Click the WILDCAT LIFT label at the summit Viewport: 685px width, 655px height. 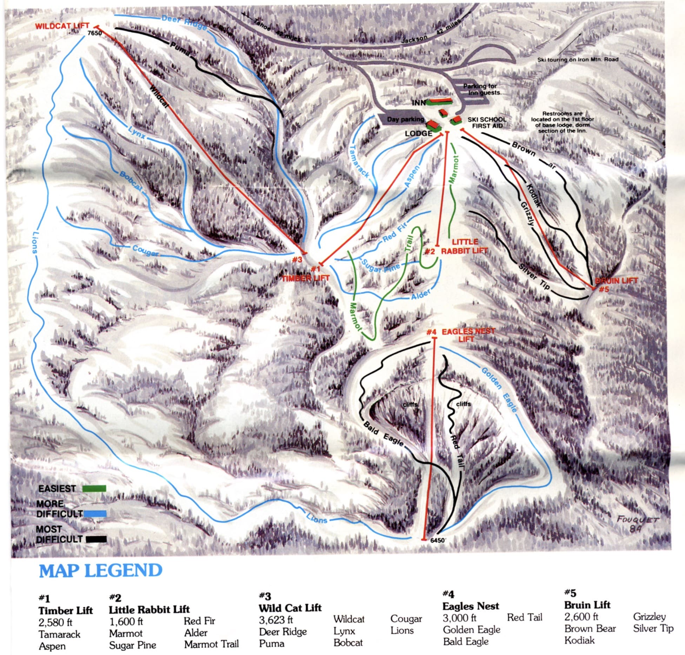tap(62, 26)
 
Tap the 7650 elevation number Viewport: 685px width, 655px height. tap(94, 34)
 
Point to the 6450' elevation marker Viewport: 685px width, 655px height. tap(437, 541)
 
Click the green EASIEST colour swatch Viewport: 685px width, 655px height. tap(94, 489)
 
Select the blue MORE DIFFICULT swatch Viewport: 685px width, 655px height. tap(95, 514)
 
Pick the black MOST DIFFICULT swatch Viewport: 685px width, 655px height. tap(95, 540)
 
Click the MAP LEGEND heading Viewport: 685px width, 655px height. tap(100, 570)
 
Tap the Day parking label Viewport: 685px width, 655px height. tap(405, 119)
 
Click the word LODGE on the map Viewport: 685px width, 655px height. tap(418, 134)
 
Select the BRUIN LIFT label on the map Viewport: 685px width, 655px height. tap(616, 281)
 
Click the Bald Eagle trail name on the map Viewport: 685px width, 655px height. tap(383, 435)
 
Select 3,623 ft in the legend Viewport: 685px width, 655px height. tap(276, 620)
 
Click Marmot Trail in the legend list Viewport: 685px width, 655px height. tap(211, 644)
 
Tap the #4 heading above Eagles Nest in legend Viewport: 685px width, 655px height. tap(448, 594)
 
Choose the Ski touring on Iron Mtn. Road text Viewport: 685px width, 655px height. tap(578, 60)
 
